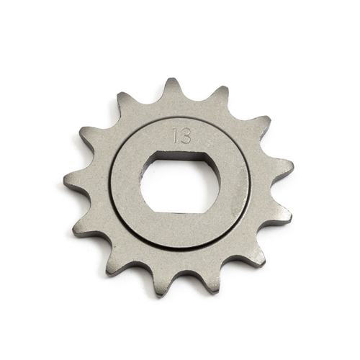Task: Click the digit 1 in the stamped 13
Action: (176, 135)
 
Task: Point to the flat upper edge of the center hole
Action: (176, 159)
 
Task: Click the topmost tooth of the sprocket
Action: (171, 87)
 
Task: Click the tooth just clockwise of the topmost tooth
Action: (217, 95)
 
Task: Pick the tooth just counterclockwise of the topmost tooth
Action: (126, 103)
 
